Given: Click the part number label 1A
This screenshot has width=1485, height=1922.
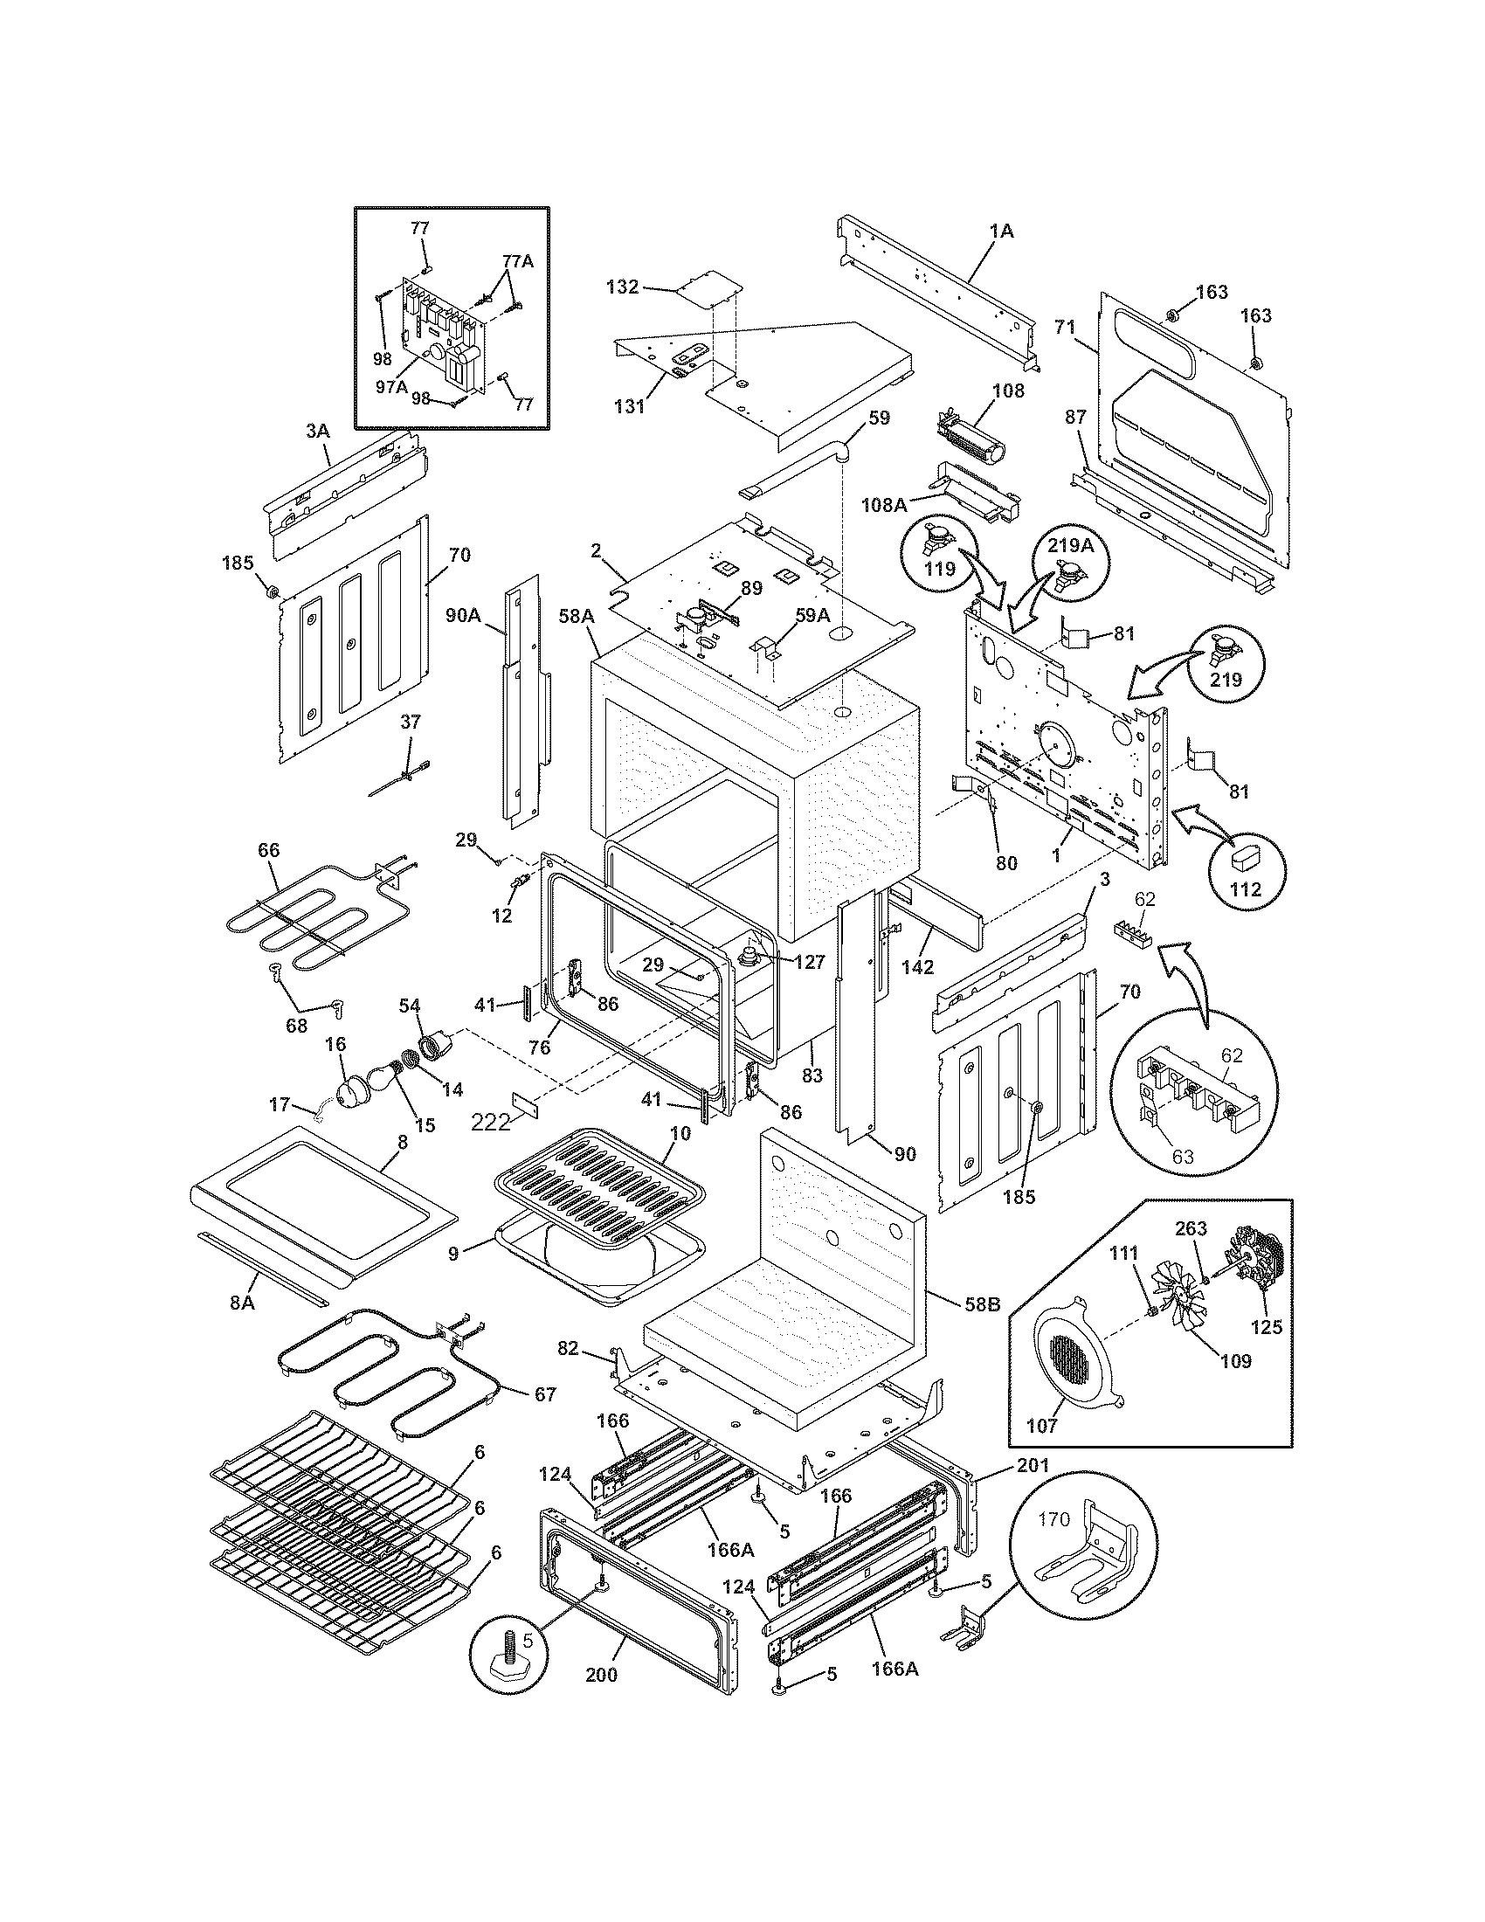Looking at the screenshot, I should tap(1001, 232).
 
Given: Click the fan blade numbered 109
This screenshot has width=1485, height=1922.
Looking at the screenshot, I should tap(1185, 1313).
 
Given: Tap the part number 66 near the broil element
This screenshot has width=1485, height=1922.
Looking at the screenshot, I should tap(268, 850).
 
